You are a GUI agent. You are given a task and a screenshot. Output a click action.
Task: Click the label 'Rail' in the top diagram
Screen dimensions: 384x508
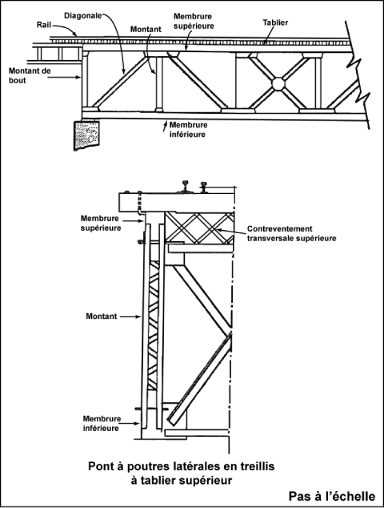coord(44,25)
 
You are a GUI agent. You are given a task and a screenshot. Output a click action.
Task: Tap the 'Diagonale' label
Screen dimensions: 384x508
coord(83,15)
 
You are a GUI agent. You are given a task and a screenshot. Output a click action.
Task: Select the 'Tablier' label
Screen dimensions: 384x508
coord(275,22)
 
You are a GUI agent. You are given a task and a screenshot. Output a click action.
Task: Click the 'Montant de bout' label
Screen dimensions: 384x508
coord(30,75)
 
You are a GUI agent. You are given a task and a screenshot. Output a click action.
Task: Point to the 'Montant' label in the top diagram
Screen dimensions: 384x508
coord(146,29)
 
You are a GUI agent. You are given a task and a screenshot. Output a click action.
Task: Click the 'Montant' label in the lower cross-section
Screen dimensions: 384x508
coord(102,316)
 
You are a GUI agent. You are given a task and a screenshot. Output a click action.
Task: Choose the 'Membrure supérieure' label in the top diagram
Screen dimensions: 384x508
coord(194,21)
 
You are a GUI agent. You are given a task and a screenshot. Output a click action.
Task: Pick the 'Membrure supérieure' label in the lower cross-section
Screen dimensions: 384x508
coord(101,224)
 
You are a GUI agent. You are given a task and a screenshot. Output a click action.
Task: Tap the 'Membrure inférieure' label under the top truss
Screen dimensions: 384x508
coord(188,130)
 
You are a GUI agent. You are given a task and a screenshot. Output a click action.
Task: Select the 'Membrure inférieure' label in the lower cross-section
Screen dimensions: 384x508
coord(102,423)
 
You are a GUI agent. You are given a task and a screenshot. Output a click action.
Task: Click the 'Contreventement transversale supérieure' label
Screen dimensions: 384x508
coord(291,234)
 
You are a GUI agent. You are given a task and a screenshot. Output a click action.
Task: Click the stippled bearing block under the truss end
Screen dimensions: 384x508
coord(87,135)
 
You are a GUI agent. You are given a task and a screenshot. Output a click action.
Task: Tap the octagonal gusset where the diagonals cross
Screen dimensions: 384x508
coord(278,83)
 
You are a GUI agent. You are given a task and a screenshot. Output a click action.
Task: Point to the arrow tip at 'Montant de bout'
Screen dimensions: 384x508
coord(80,77)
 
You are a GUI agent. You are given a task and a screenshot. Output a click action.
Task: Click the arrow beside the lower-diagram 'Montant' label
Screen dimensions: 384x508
coord(131,316)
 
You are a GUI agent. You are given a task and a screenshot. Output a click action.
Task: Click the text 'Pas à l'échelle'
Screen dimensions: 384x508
coord(332,496)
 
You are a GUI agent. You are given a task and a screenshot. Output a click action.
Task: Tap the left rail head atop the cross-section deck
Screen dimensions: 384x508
coord(186,186)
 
